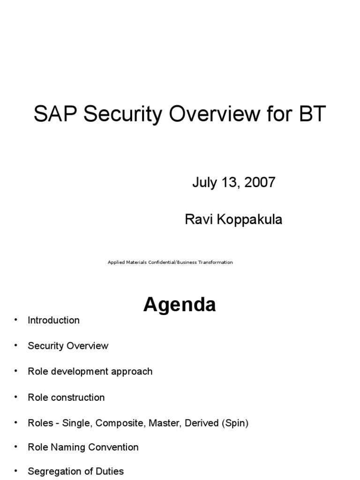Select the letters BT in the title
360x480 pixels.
(310, 114)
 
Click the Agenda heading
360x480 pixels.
(180, 305)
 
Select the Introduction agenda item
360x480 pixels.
(53, 320)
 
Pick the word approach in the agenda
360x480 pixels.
(131, 371)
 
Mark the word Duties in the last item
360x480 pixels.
(108, 471)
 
